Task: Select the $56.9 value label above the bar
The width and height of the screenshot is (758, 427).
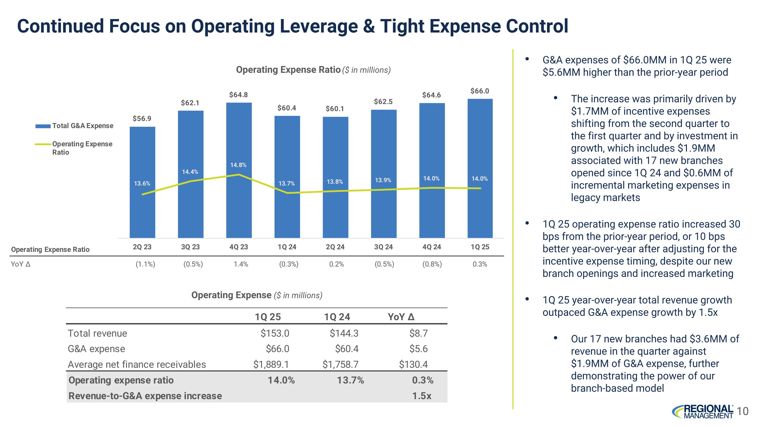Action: point(142,118)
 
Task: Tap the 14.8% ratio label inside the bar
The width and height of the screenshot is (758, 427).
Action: point(238,165)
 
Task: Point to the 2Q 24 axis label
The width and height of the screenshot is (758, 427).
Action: point(335,247)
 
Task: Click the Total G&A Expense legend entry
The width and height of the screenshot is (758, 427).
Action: point(83,126)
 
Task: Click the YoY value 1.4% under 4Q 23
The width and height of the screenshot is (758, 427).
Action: point(241,264)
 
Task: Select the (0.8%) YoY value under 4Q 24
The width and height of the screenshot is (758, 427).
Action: point(432,264)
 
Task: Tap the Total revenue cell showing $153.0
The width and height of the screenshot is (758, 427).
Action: point(275,333)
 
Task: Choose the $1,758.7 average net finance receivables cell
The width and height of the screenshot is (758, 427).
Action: point(340,364)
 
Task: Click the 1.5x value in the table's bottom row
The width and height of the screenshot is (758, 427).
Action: point(422,396)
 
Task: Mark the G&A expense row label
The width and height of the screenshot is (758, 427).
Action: point(97,349)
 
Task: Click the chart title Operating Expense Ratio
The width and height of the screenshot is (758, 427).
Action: point(288,70)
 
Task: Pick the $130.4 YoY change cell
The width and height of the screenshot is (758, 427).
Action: point(413,364)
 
